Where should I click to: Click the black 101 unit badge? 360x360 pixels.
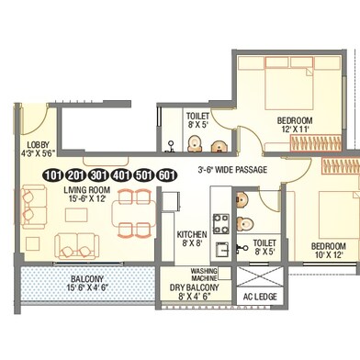(53, 175)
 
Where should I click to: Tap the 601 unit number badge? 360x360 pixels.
(167, 175)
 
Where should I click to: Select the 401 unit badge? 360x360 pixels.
(121, 175)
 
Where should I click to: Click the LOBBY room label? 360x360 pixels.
(38, 145)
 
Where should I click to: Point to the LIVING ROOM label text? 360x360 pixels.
(87, 190)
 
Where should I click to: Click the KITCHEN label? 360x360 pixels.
(192, 235)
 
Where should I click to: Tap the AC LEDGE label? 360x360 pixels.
(260, 297)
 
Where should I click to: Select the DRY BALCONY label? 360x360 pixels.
(195, 287)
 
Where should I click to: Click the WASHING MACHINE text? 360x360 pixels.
(204, 275)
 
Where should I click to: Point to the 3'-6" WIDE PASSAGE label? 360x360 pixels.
(232, 170)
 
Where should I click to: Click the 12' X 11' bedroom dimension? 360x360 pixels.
(295, 129)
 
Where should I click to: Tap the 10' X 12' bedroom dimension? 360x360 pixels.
(329, 254)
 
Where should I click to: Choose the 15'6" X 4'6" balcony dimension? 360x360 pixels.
(87, 287)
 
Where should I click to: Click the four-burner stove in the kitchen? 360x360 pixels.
(221, 224)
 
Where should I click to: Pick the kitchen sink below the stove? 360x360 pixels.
(222, 250)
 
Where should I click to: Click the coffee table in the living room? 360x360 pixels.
(76, 215)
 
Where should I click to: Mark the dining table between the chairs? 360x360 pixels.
(134, 213)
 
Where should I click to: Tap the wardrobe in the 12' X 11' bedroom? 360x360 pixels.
(316, 143)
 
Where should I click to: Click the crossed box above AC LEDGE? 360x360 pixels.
(260, 276)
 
